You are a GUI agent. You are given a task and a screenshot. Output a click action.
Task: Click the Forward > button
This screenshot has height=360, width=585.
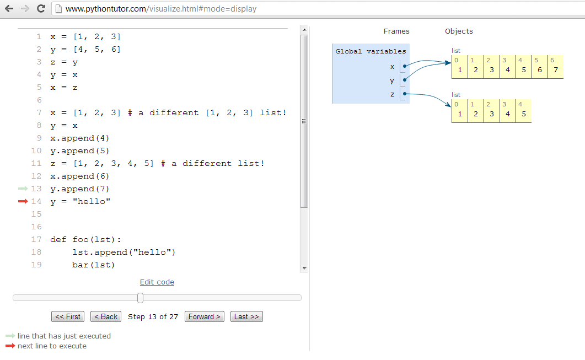[x=205, y=316]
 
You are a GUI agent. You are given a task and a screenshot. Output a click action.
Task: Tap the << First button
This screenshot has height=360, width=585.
[x=68, y=316]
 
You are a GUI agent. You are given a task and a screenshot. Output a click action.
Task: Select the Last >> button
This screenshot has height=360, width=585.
[x=246, y=316]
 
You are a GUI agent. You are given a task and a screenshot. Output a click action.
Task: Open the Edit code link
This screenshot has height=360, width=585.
[x=157, y=282]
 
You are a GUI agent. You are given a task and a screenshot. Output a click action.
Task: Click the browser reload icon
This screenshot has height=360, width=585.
[x=41, y=9]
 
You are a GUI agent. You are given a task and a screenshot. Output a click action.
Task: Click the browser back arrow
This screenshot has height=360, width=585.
[x=9, y=9]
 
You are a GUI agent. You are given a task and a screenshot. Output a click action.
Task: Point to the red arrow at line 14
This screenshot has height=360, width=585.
[x=23, y=201]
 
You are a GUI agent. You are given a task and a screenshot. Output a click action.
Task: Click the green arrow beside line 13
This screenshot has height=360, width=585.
[x=23, y=189]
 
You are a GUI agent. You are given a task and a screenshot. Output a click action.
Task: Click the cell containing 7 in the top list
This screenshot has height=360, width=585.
[x=555, y=69]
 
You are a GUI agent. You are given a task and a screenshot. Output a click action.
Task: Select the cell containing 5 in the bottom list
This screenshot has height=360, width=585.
[x=523, y=114]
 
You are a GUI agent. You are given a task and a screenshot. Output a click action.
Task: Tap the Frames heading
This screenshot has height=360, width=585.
[x=396, y=31]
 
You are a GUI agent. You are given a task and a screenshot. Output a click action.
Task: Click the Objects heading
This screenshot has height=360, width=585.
[x=459, y=31]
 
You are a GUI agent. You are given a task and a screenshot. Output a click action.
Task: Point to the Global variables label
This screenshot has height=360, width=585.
[x=371, y=51]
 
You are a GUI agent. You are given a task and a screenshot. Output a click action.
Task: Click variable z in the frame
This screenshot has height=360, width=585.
[x=393, y=94]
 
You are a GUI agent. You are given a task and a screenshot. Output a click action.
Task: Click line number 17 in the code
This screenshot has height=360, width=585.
[x=36, y=239]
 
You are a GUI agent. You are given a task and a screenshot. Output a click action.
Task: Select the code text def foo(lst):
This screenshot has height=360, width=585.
[x=85, y=239]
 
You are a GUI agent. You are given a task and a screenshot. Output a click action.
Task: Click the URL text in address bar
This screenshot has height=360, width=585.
[x=160, y=9]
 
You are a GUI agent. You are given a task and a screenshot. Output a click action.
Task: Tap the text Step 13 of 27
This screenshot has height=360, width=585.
[x=153, y=316]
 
